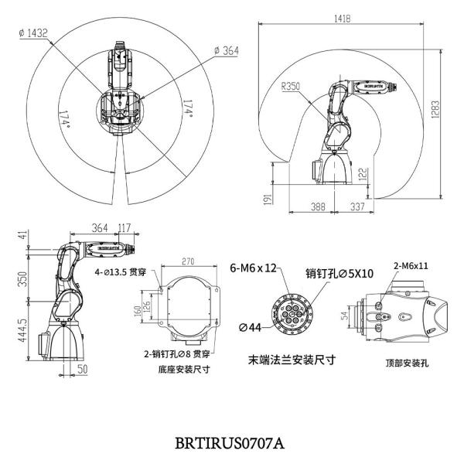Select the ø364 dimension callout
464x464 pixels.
coord(226,50)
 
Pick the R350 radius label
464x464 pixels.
coord(292,87)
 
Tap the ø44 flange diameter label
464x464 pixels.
coord(249,328)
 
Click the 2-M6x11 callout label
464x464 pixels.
coord(410,264)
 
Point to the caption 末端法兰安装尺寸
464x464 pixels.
coord(287,359)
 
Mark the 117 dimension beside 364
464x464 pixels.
coord(124,227)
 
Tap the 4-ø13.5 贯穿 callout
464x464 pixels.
coord(121,272)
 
